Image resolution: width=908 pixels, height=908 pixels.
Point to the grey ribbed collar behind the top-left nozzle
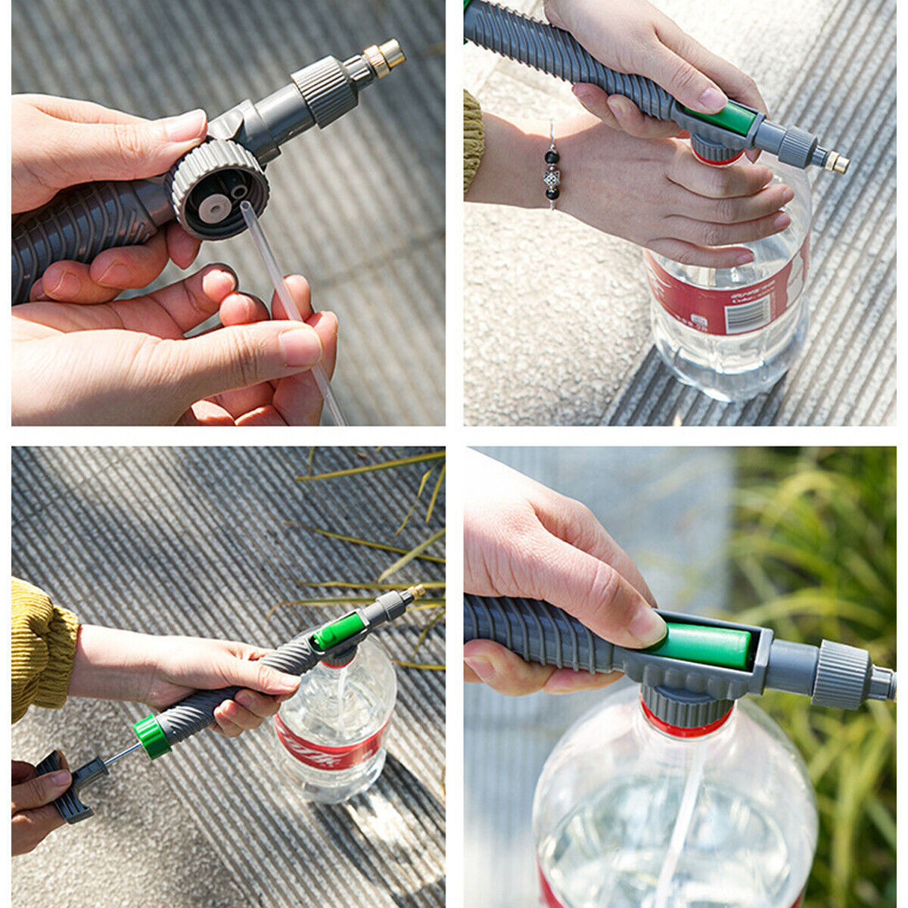click(x=324, y=89)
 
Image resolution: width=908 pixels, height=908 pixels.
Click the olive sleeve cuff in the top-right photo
click(x=473, y=140)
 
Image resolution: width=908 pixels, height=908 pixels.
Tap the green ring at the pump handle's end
click(x=152, y=735)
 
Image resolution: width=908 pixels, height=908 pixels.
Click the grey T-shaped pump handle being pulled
click(x=72, y=787)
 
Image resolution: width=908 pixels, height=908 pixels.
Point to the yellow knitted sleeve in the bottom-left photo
click(x=42, y=647)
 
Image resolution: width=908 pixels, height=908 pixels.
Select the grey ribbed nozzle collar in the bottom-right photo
click(x=840, y=673)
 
